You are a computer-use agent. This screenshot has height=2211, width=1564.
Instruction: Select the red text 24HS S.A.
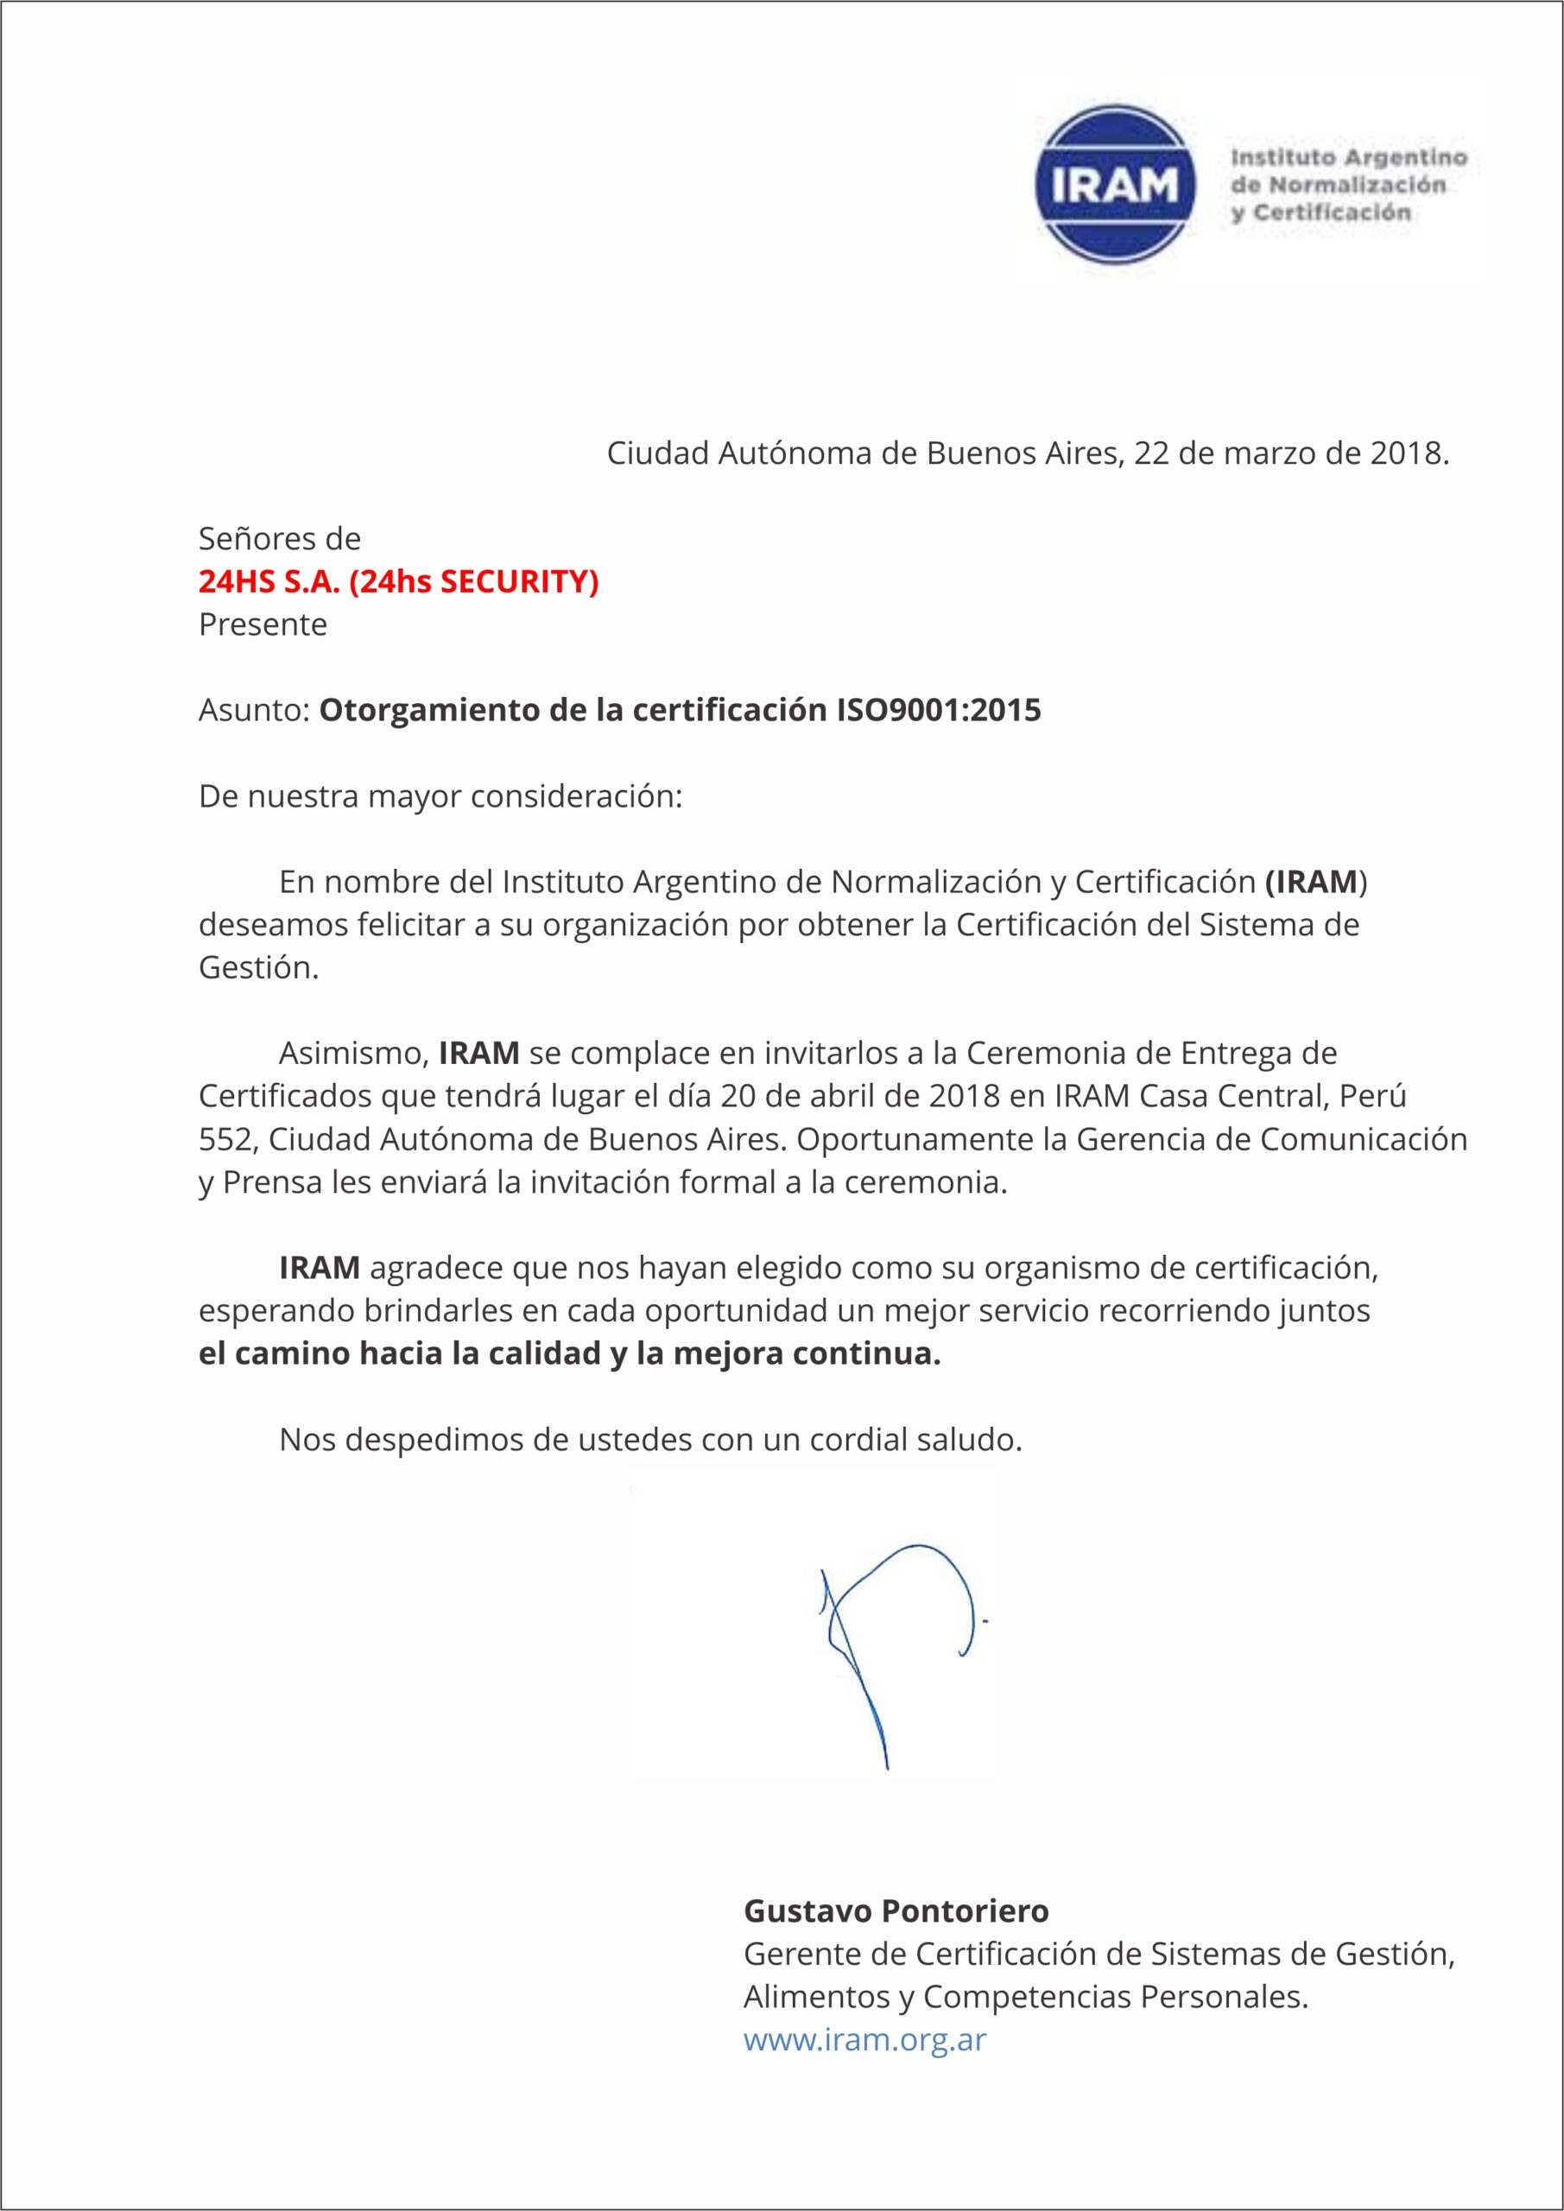[269, 581]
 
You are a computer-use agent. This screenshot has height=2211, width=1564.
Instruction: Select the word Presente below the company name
[262, 625]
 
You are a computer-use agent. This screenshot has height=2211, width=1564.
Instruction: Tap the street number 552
[226, 1139]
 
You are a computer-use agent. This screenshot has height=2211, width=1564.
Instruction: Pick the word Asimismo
[352, 1053]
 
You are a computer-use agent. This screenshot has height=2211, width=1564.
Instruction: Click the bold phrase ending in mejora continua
[569, 1353]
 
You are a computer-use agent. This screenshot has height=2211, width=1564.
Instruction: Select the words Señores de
[279, 537]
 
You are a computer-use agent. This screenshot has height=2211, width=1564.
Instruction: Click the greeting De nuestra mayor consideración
[440, 796]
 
